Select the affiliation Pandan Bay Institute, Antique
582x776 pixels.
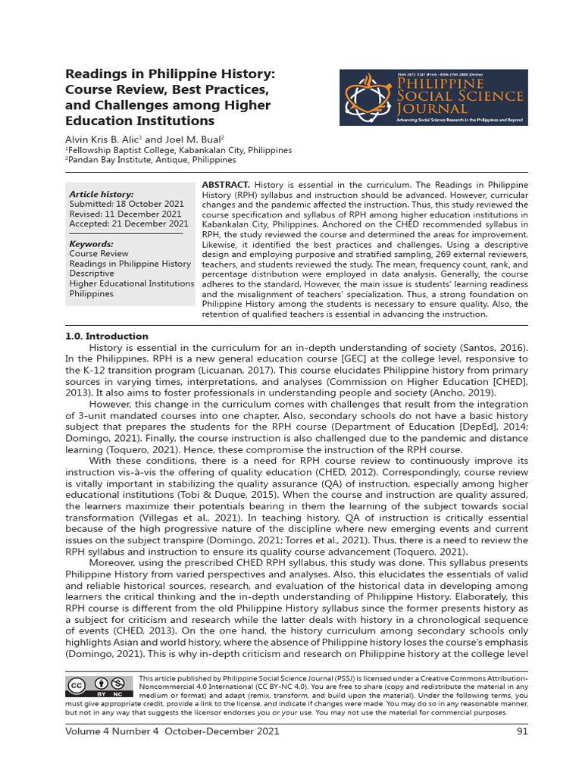coord(152,160)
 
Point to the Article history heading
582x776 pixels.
coord(101,195)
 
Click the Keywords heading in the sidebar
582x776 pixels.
coord(91,244)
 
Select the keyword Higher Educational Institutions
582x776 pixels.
coord(132,283)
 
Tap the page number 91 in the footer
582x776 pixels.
coord(522,731)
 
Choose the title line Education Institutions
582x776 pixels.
coord(140,121)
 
